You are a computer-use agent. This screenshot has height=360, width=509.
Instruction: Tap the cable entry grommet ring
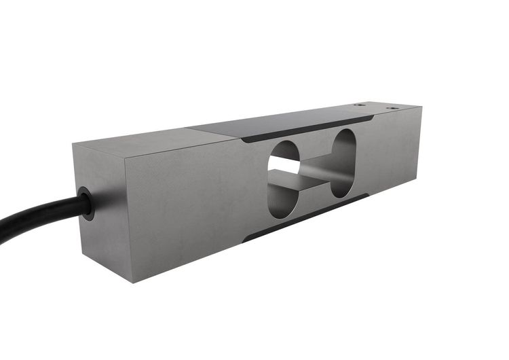pos(86,202)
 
